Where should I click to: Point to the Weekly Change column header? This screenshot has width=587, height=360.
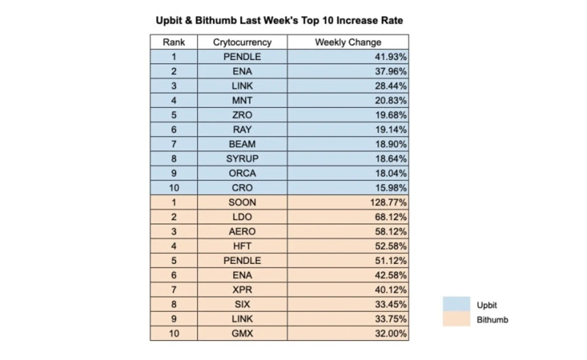tap(348, 43)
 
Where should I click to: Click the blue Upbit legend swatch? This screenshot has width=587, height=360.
tap(456, 304)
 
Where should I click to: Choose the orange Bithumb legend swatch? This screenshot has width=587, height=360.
tap(456, 319)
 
